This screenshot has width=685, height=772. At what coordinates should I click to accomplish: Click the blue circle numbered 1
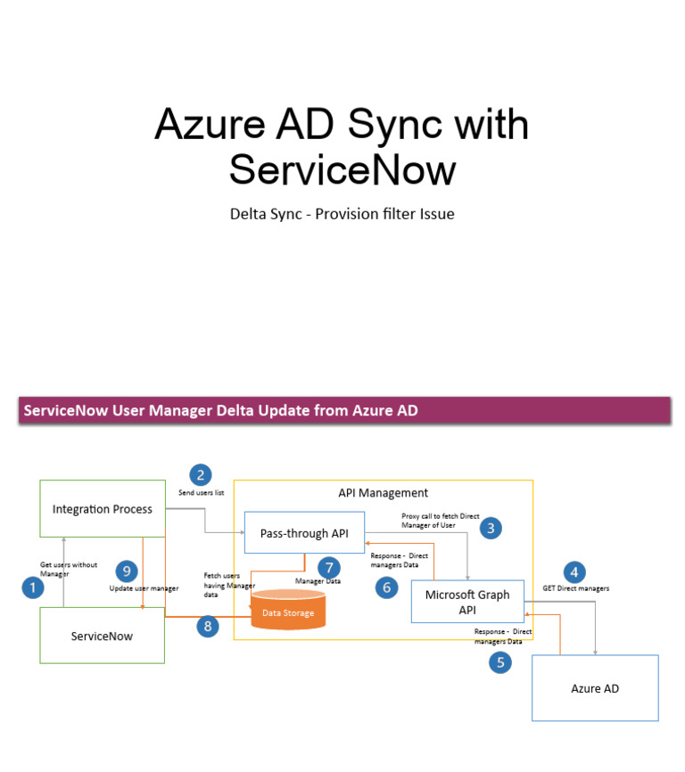tap(33, 587)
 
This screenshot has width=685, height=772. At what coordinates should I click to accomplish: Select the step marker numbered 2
tap(201, 475)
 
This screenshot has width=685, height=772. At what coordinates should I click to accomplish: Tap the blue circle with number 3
tap(490, 529)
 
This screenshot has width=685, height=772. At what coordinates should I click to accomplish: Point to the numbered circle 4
tap(574, 572)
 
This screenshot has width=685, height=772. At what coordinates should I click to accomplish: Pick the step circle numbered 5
tap(500, 662)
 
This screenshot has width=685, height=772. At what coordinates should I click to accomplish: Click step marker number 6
tap(386, 587)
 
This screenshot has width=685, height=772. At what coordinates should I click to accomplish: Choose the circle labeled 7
tap(329, 567)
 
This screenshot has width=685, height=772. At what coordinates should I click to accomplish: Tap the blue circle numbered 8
tap(208, 627)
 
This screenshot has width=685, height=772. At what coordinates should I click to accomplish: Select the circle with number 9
tap(127, 571)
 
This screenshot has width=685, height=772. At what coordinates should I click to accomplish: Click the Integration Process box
tap(103, 509)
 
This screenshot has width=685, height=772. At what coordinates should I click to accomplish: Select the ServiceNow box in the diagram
tap(102, 636)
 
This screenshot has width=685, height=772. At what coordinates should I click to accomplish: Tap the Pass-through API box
tap(304, 533)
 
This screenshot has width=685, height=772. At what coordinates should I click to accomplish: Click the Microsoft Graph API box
tap(467, 603)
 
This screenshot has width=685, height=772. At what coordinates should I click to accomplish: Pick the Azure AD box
tap(595, 688)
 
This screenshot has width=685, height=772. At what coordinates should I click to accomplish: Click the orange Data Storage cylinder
tap(287, 612)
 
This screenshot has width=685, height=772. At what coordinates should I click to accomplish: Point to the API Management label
tap(383, 492)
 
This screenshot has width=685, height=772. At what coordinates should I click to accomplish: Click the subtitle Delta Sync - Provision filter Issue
tap(342, 214)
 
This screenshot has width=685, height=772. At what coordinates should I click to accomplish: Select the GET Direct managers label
tap(575, 588)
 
